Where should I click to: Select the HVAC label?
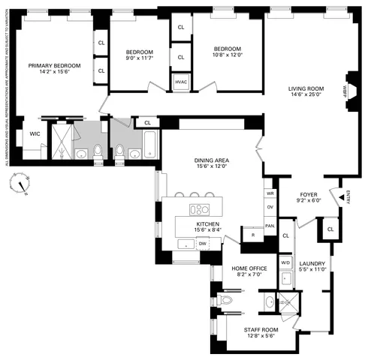click(x=181, y=82)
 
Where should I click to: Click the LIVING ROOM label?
click(x=306, y=89)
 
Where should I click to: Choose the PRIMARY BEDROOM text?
click(x=55, y=66)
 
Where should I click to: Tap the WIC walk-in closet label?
click(x=35, y=133)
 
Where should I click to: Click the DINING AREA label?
click(x=211, y=160)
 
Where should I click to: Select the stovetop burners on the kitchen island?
click(x=200, y=209)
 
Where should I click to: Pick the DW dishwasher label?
click(x=202, y=244)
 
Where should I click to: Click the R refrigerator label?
click(x=253, y=235)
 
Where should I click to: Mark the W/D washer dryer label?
click(x=285, y=262)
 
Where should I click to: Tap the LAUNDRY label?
click(x=312, y=263)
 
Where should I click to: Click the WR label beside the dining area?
click(x=270, y=193)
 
